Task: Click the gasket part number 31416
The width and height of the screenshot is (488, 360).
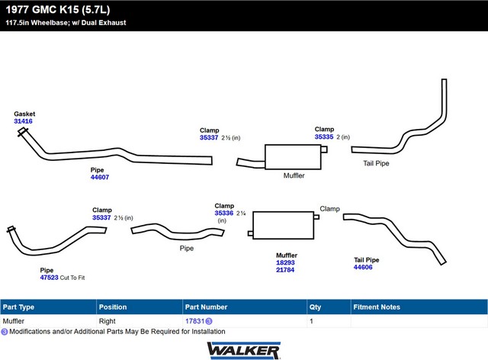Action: coord(23,121)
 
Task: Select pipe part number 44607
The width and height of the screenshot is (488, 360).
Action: coord(100,177)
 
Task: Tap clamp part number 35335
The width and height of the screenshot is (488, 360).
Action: coord(323,137)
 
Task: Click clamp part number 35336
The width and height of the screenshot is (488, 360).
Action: coord(223,213)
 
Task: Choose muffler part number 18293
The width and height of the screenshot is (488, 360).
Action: coord(285,262)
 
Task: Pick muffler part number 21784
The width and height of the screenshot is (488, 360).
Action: coord(285,270)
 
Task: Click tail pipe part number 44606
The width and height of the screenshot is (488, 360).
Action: coord(363,267)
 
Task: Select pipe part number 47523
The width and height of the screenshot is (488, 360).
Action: coord(49,278)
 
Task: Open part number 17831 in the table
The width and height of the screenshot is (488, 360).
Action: coord(194,321)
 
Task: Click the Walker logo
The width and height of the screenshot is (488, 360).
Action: coord(244,351)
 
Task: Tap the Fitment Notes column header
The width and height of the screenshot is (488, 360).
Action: coord(377,307)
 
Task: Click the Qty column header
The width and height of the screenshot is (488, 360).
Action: coord(315,307)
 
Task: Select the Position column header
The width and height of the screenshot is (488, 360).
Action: coord(113,307)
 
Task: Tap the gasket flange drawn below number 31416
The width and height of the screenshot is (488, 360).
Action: coord(22,132)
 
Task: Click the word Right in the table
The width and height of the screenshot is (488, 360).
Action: coord(107,321)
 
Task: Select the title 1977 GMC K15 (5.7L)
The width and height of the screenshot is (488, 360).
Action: coord(58,10)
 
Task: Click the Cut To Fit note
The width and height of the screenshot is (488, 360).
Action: coord(72,278)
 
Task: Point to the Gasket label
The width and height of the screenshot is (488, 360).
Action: coord(24,114)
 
